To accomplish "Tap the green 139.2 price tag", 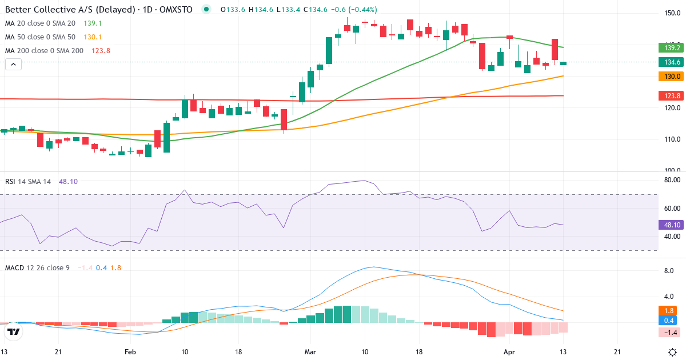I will click(669, 47).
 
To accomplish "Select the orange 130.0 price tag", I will click(669, 76).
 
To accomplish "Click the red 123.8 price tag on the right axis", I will click(669, 95).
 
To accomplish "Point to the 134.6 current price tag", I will click(669, 62).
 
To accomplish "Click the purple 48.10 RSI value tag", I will click(669, 225).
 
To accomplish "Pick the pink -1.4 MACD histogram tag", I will click(669, 332).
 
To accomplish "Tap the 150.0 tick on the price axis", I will click(672, 13).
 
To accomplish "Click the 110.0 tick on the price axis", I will click(672, 139).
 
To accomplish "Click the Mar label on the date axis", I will click(310, 352).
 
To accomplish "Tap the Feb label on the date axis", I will click(131, 352).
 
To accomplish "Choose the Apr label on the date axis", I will click(509, 352).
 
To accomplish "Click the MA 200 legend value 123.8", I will click(101, 50).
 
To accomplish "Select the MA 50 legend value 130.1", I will click(93, 37).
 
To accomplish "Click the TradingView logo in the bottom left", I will click(14, 332).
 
